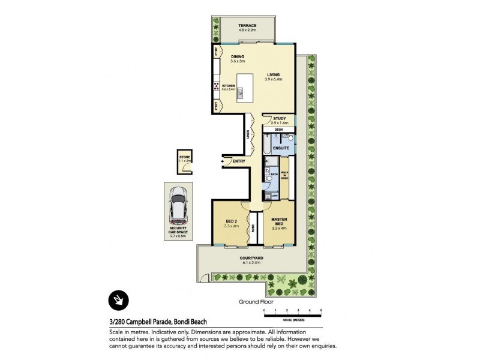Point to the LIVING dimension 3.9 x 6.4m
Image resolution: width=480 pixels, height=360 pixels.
(275, 79)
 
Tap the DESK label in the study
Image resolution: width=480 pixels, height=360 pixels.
(278, 130)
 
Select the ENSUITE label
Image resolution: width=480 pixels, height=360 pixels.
(281, 147)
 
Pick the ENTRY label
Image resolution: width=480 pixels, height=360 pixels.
(238, 161)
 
